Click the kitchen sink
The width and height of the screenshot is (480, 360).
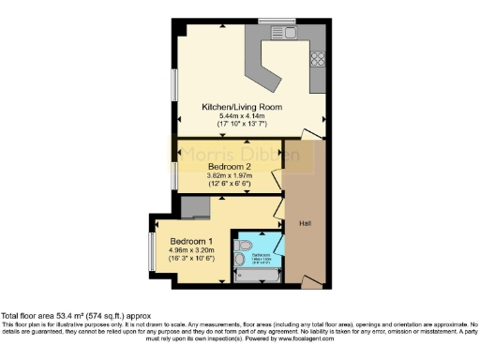pyautogui.click(x=285, y=35)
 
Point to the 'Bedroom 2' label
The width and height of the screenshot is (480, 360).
pyautogui.click(x=229, y=166)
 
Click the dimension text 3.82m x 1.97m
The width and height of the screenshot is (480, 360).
pyautogui.click(x=229, y=175)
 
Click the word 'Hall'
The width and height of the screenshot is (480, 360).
pyautogui.click(x=305, y=223)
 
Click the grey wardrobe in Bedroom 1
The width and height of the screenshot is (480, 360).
pyautogui.click(x=196, y=206)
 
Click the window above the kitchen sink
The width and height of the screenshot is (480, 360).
pyautogui.click(x=284, y=20)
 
